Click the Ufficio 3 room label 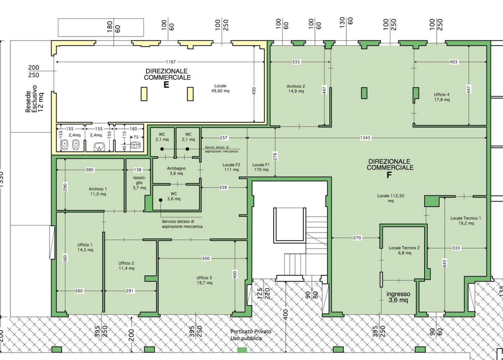pyautogui.click(x=204, y=280)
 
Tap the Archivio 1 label pyautogui.click(x=98, y=191)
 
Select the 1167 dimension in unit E pyautogui.click(x=171, y=62)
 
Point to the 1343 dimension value pyautogui.click(x=365, y=138)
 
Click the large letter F pyautogui.click(x=389, y=175)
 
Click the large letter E pyautogui.click(x=166, y=85)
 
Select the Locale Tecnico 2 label pyautogui.click(x=404, y=250)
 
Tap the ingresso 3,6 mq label pyautogui.click(x=398, y=297)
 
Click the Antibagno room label pyautogui.click(x=176, y=171)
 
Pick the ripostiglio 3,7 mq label pyautogui.click(x=139, y=183)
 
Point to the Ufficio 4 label pyautogui.click(x=442, y=97)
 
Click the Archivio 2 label pyautogui.click(x=296, y=89)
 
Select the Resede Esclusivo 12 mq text pyautogui.click(x=35, y=99)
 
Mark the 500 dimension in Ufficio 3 pyautogui.click(x=206, y=258)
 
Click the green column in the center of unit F pyautogui.click(x=364, y=93)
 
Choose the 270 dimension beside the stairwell pyautogui.click(x=357, y=238)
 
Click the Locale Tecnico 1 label pyautogui.click(x=466, y=220)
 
